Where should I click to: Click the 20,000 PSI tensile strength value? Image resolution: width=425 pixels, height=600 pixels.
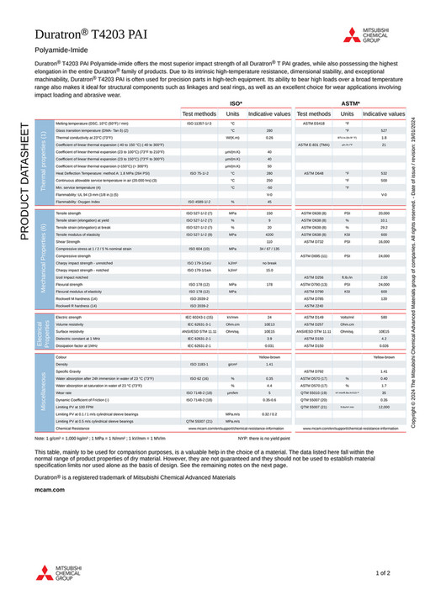tap(384, 214)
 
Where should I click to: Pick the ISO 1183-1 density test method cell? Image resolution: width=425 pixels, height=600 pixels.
tap(199, 363)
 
